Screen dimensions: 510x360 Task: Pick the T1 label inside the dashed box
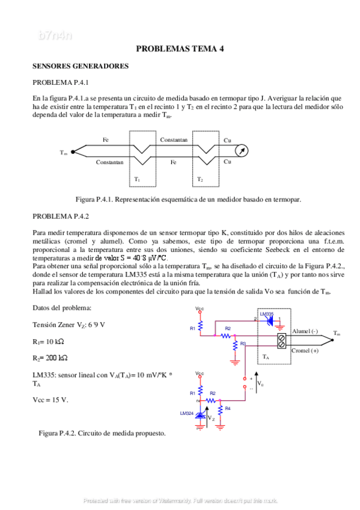point(137,179)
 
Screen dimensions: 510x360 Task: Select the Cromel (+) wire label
point(306,351)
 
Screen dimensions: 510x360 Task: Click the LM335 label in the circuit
point(266,314)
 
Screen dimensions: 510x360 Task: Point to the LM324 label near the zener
point(187,414)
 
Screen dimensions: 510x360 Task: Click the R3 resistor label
point(243,343)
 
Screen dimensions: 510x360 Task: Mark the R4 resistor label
point(228,408)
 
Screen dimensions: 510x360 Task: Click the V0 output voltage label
point(260,382)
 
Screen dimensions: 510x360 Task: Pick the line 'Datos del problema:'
point(62,308)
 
